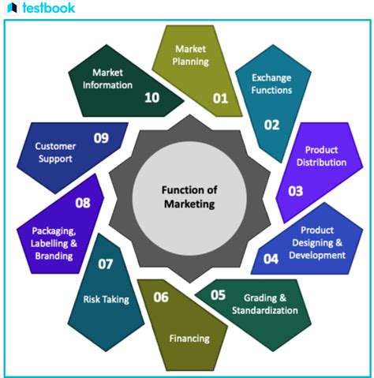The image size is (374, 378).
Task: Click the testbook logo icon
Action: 11,9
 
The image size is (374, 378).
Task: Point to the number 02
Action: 271,124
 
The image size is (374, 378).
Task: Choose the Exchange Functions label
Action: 271,84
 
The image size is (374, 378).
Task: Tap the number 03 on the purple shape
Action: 295,190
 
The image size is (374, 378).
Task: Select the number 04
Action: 271,257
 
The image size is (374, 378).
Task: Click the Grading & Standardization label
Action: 264,304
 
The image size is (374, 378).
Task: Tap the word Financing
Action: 189,339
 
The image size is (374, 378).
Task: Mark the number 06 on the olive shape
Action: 161,297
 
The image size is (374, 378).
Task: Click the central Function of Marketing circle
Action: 188,196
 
